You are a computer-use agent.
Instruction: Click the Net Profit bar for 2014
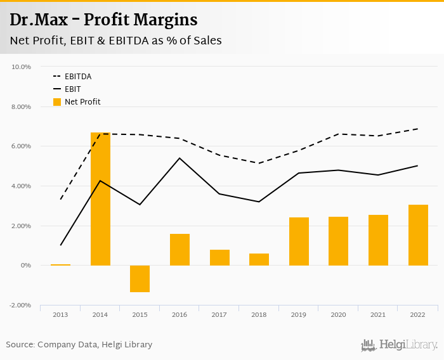pos(100,199)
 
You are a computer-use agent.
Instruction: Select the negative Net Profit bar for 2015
pos(140,279)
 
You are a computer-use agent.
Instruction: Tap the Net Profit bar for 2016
pos(180,250)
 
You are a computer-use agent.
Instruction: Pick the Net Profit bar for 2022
pos(418,235)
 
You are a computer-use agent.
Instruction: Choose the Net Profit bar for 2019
pos(299,241)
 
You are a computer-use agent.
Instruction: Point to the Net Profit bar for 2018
pos(259,259)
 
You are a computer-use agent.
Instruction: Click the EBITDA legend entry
pos(78,76)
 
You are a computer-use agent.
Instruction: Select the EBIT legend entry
pos(72,89)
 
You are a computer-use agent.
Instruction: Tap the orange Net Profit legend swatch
pos(57,101)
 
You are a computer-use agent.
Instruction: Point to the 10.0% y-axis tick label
pos(22,67)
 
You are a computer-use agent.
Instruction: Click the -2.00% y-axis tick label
pos(21,305)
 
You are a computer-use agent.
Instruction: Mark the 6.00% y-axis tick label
pos(22,146)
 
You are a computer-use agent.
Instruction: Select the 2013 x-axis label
pos(60,314)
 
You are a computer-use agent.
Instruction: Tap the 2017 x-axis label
pos(219,314)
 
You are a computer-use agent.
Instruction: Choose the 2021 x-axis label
pos(378,314)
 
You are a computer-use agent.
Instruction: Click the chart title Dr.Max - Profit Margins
pos(103,20)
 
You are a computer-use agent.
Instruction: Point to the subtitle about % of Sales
pos(115,41)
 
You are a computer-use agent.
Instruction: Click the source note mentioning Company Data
pos(79,345)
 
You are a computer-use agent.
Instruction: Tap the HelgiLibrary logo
pos(399,345)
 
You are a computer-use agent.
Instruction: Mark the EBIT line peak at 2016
pos(180,158)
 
